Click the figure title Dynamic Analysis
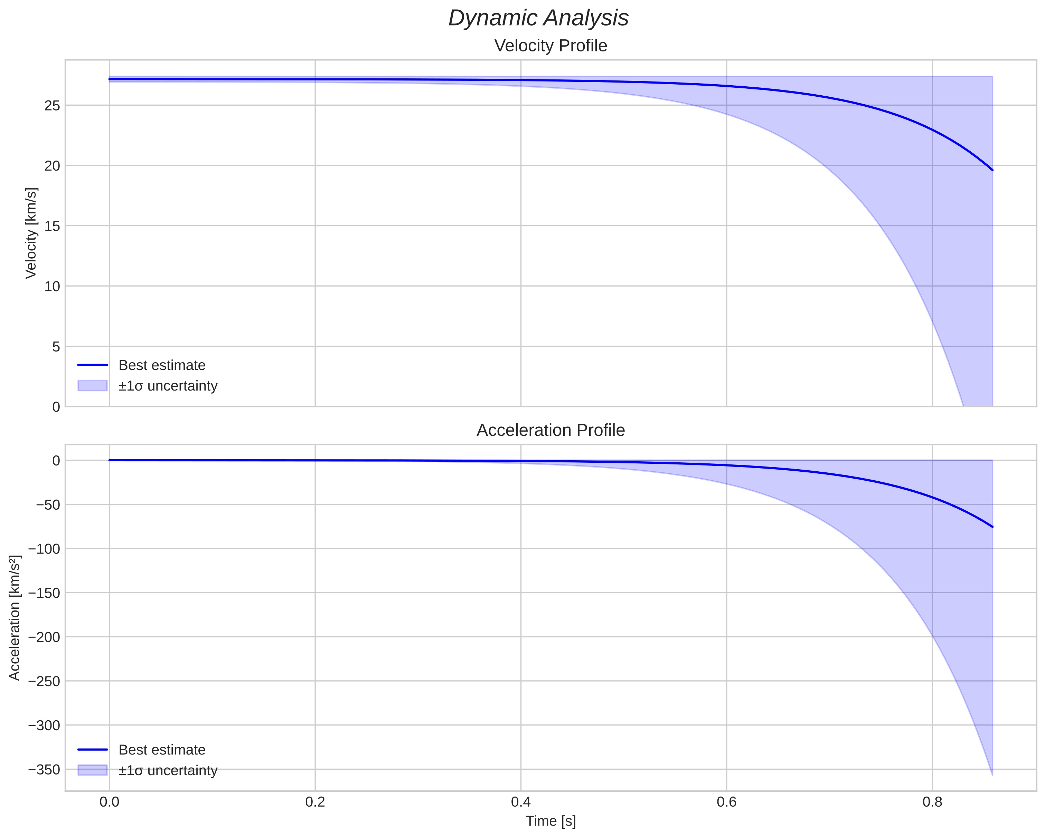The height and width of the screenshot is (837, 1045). click(x=538, y=18)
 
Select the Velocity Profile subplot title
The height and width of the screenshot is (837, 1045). click(x=550, y=46)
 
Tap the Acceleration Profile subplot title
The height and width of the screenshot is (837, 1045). click(x=550, y=430)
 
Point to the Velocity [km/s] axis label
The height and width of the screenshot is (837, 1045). click(x=31, y=233)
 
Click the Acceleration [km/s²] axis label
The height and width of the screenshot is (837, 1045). click(x=15, y=618)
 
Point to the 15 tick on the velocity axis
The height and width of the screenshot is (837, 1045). click(x=52, y=226)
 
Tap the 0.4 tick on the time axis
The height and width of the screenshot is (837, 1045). click(x=520, y=802)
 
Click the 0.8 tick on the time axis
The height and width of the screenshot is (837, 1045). click(x=932, y=802)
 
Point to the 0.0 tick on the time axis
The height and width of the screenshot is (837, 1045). click(x=110, y=802)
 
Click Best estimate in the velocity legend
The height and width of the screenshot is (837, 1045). click(x=162, y=365)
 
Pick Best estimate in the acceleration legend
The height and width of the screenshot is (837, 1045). click(x=162, y=750)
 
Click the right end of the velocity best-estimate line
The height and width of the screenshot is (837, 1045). click(x=992, y=170)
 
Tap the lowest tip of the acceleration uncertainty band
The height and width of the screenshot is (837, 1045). click(x=992, y=775)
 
